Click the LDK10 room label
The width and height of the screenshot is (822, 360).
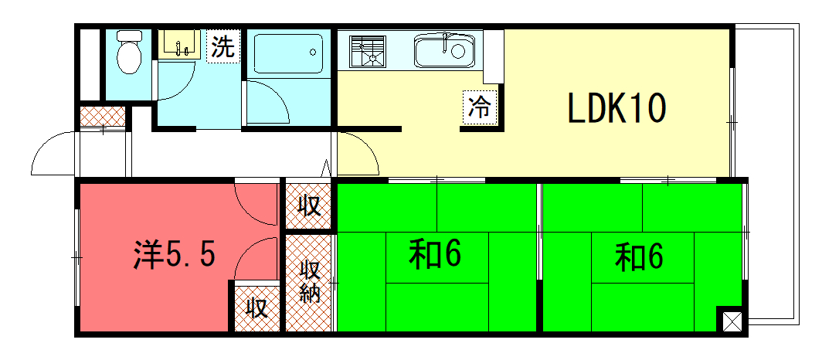point(617,108)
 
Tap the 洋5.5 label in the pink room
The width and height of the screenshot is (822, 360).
point(174,255)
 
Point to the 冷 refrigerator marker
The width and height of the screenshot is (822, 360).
point(479,107)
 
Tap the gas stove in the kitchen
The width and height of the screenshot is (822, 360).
point(368,51)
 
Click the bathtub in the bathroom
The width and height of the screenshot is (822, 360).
point(288,53)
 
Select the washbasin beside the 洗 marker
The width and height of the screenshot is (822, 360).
point(179,43)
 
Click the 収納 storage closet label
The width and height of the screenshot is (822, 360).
point(309,283)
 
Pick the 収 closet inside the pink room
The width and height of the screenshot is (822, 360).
point(256,307)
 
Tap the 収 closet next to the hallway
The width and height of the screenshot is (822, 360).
point(309,206)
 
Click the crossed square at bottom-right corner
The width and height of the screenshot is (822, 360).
point(732,320)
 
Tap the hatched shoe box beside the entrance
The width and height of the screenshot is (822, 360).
point(103,116)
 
